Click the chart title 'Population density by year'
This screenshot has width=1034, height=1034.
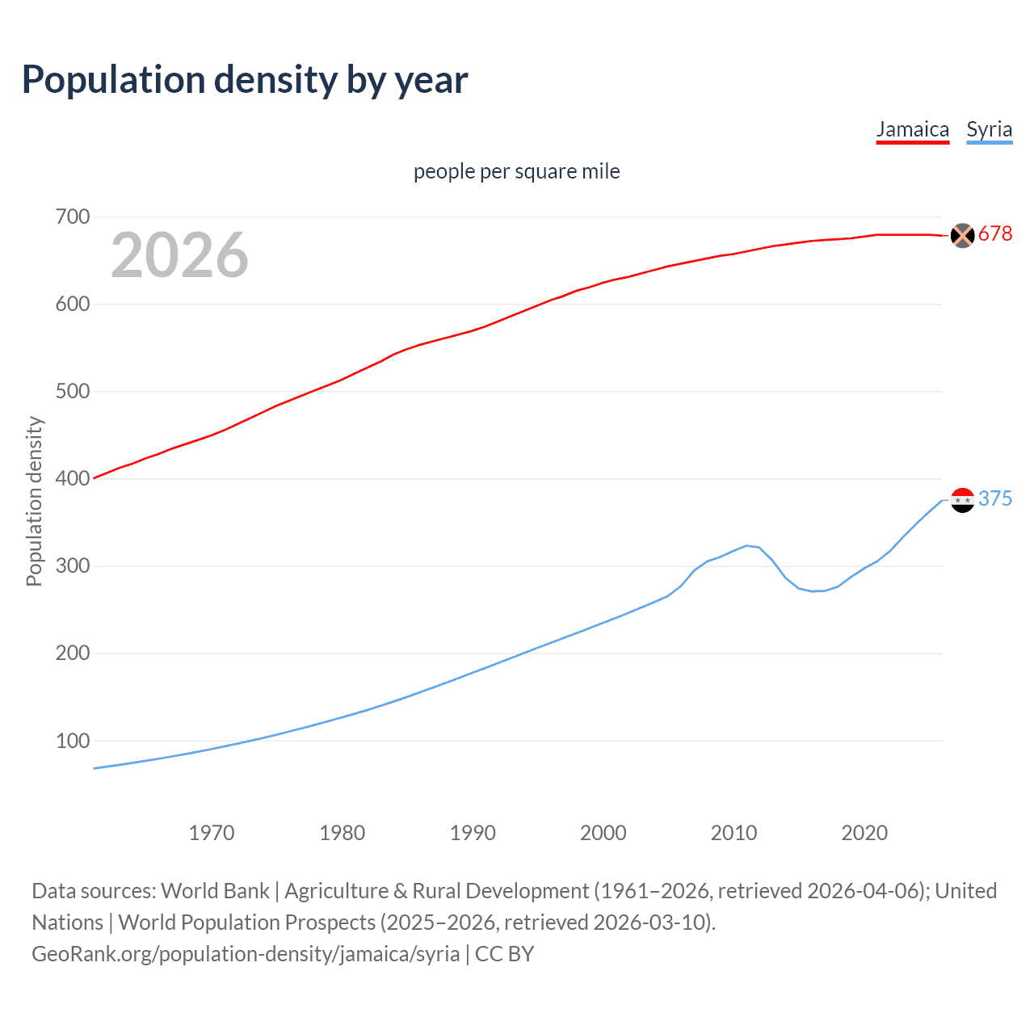point(245,80)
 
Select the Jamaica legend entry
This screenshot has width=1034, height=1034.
point(912,130)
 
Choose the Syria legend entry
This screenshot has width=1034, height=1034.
point(989,130)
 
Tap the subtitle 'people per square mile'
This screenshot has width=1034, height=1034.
point(516,171)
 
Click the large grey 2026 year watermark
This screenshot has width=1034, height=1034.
point(179,255)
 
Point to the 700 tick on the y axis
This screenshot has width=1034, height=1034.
point(73,216)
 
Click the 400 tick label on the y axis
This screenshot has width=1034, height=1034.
point(73,478)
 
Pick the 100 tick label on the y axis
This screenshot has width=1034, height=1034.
point(73,740)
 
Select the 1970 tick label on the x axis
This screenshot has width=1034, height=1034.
point(212,833)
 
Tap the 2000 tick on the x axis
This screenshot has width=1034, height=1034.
point(603,833)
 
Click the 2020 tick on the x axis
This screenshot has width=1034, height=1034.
point(864,833)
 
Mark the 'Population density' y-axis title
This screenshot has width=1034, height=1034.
point(34,501)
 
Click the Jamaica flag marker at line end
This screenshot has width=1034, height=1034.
point(962,235)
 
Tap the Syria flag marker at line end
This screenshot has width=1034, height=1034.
point(962,500)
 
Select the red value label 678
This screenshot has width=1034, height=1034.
point(994,234)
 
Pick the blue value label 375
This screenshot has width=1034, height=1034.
point(994,499)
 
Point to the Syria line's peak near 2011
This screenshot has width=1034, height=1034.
point(747,545)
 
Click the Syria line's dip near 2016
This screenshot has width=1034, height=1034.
point(813,591)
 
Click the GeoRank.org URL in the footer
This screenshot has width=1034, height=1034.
point(246,954)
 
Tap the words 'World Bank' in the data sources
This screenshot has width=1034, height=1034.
point(215,891)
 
